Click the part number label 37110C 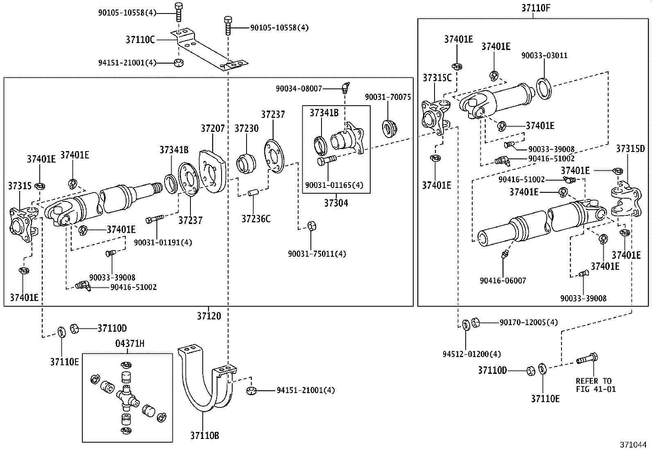tap(140, 40)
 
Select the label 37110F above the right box tap(533, 7)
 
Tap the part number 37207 tap(212, 128)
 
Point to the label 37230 tap(246, 128)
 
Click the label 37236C tap(256, 219)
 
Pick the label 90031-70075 tap(387, 97)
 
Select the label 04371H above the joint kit tap(127, 344)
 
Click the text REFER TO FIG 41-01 tap(595, 385)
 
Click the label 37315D tap(630, 149)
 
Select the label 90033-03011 tap(544, 55)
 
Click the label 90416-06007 tap(503, 280)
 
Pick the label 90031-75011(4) tap(317, 254)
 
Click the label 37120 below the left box tap(208, 316)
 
